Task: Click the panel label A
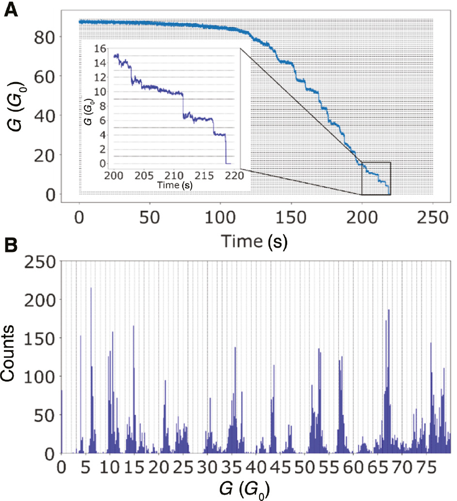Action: [12, 9]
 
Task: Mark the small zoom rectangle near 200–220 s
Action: [376, 178]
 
